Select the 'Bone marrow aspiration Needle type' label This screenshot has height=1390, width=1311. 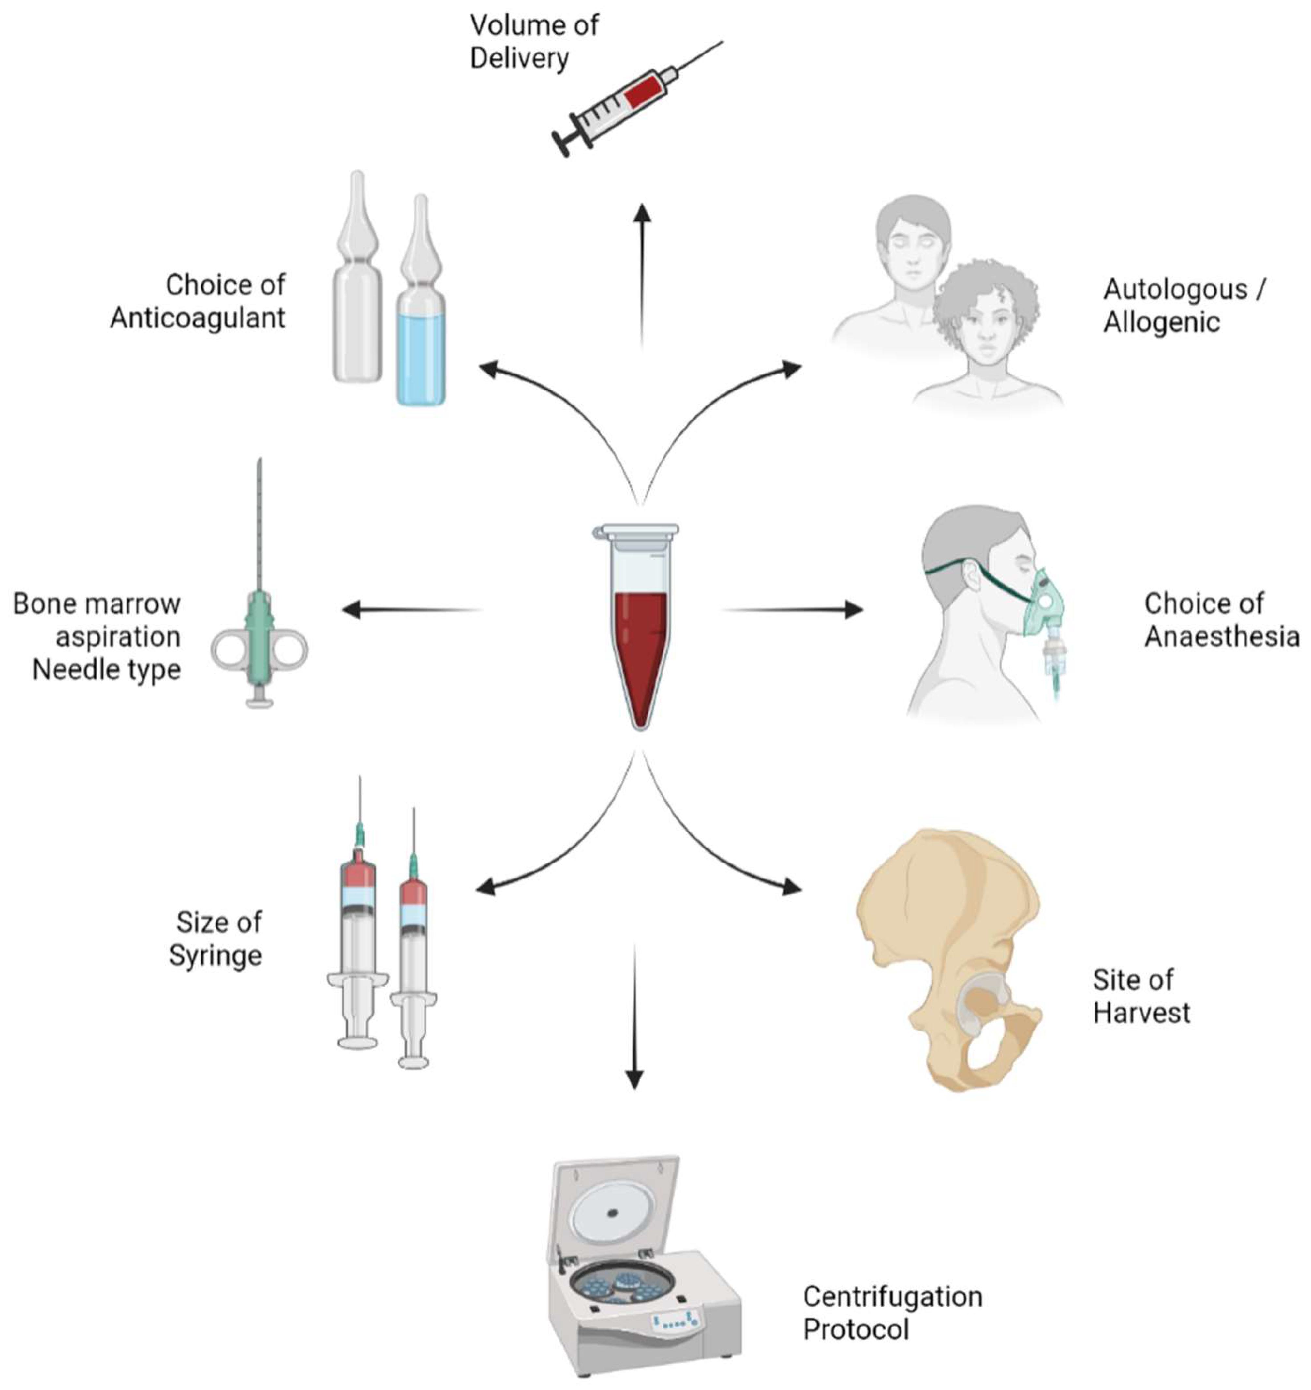pos(98,636)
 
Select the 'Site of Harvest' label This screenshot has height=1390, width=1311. pos(1140,996)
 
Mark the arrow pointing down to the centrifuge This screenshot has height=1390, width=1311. pos(634,1021)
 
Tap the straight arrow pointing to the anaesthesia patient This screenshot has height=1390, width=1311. pos(793,610)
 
